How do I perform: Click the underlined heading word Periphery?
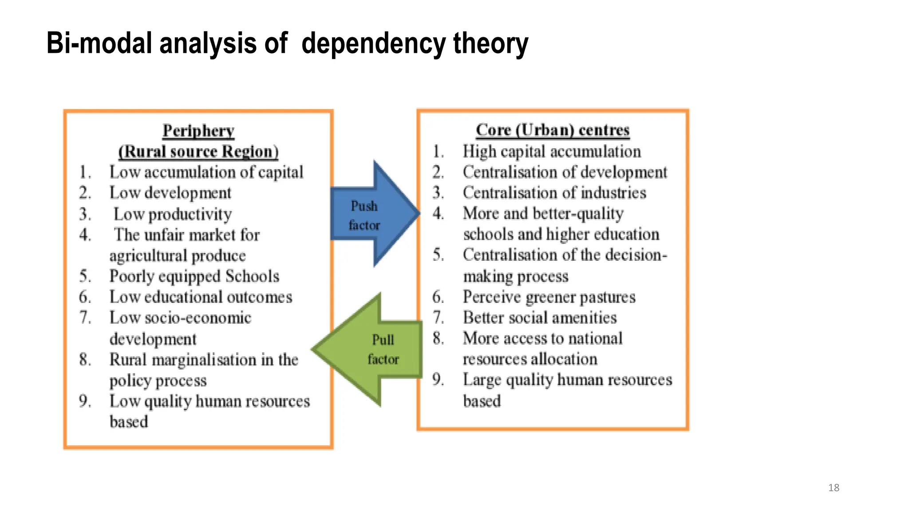198,131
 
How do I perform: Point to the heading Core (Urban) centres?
553,130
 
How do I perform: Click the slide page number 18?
834,488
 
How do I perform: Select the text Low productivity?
173,214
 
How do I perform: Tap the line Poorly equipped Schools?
194,276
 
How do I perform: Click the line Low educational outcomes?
201,297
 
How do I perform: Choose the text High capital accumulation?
552,152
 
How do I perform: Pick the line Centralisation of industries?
554,193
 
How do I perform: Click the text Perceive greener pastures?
549,297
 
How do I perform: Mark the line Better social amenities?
540,318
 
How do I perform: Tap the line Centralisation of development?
565,172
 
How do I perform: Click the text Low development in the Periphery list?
170,193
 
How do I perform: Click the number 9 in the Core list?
438,380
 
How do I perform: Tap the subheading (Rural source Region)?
198,152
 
